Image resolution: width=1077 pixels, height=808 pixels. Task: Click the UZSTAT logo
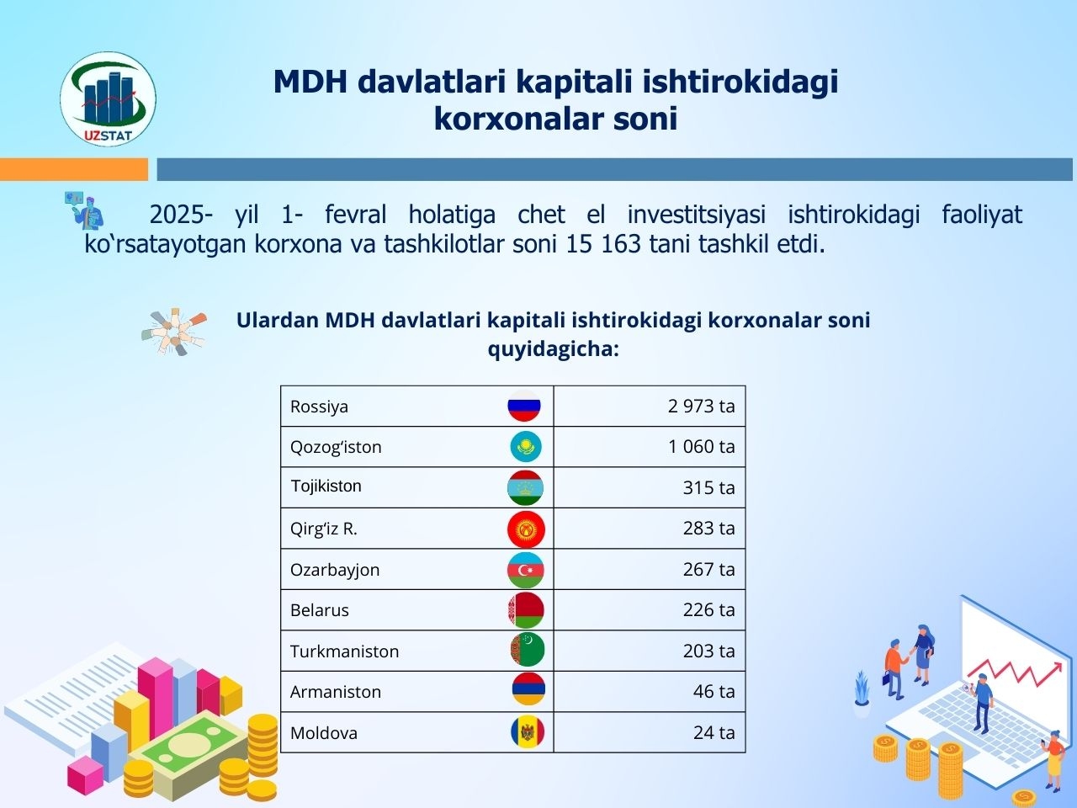108,98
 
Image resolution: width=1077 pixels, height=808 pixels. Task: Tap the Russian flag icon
524,406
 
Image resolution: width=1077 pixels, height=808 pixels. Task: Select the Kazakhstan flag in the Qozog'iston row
526,446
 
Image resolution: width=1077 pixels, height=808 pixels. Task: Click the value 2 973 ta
701,407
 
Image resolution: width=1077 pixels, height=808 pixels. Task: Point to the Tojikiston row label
326,486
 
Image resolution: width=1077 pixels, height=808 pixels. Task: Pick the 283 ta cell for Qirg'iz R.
709,529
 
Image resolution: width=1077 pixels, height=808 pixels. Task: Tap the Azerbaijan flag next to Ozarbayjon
526,570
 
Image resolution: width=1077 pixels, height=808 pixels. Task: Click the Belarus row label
320,610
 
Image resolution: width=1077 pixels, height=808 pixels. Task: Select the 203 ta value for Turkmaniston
709,651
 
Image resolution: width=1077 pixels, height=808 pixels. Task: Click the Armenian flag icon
528,689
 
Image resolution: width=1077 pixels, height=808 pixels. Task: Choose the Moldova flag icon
528,732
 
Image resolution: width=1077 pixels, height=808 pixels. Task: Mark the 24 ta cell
714,733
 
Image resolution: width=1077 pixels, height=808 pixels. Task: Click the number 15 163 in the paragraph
603,244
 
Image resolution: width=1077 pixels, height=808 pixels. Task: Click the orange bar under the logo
73,169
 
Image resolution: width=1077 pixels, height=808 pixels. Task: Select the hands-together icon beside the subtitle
174,332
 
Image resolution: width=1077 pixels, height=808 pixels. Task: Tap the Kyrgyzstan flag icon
526,529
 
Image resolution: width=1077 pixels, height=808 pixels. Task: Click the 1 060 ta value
702,446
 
